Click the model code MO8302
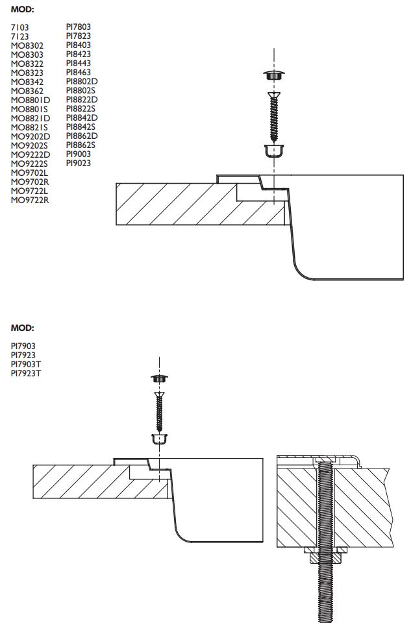[x=27, y=45]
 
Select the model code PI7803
[x=79, y=27]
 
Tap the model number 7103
[x=19, y=27]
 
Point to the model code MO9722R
[x=30, y=200]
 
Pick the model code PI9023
[x=79, y=164]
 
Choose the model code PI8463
[x=79, y=73]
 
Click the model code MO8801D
[x=31, y=100]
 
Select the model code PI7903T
[x=26, y=364]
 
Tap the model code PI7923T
[x=26, y=373]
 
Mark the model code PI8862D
[x=82, y=136]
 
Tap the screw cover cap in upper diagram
[x=274, y=75]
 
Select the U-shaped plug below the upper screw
[x=274, y=152]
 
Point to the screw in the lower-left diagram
[x=158, y=411]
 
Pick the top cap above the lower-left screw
[x=158, y=378]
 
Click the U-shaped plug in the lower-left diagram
[x=158, y=439]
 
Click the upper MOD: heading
[x=21, y=9]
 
